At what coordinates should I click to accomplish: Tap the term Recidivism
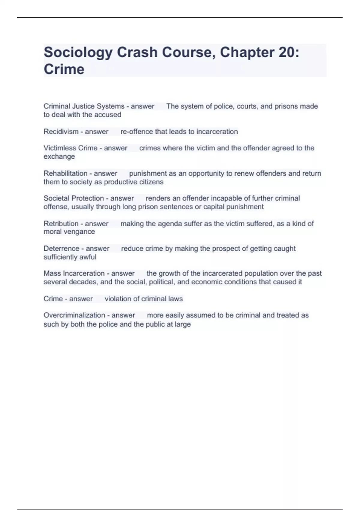(x=61, y=132)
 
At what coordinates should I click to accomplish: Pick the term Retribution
(x=61, y=224)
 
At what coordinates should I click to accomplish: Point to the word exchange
(x=59, y=157)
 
